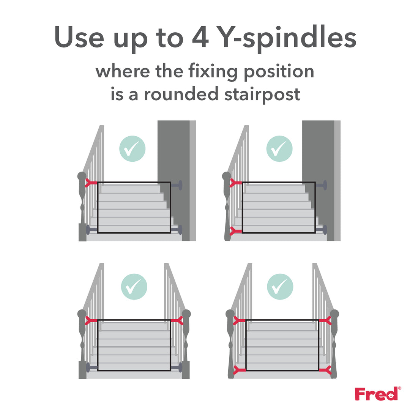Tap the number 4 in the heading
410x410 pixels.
[x=198, y=38]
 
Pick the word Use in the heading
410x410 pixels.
[x=79, y=38]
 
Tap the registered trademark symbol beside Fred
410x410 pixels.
[x=399, y=388]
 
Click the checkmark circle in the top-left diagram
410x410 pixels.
[x=132, y=149]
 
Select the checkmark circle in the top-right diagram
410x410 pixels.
[x=279, y=149]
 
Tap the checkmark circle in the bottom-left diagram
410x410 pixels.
[x=134, y=287]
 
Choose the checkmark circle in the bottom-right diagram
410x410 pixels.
[x=280, y=287]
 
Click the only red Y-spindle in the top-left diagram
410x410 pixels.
[x=91, y=183]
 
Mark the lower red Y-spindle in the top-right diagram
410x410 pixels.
[x=236, y=230]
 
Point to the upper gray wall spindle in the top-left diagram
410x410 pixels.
[x=176, y=185]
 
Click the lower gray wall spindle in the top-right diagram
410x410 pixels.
[x=321, y=230]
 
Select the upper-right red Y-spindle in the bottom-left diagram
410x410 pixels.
[x=177, y=321]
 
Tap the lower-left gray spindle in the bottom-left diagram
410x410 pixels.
[x=91, y=367]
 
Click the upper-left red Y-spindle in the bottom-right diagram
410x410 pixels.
[x=239, y=321]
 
